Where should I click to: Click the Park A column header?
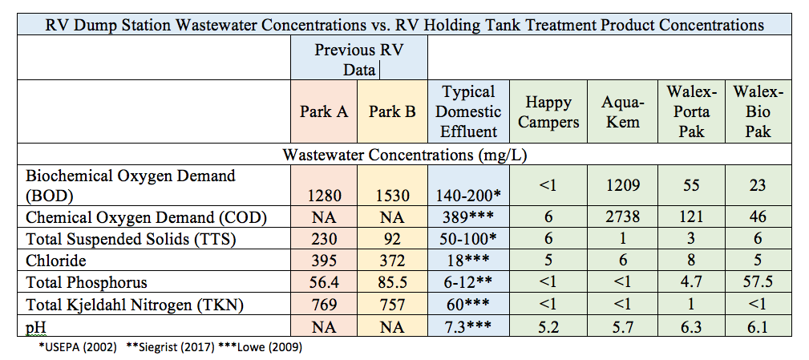(324, 111)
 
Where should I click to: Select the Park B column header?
(392, 111)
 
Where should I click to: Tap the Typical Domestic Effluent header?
(469, 111)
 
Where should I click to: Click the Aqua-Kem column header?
(622, 112)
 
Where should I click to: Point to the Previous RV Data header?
(358, 59)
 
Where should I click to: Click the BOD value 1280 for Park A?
(324, 195)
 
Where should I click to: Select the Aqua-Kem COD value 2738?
(622, 216)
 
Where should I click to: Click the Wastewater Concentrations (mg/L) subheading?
(404, 152)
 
